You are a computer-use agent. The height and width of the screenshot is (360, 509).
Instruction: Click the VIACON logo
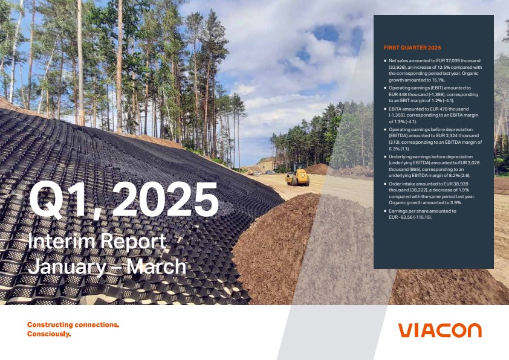click(x=440, y=330)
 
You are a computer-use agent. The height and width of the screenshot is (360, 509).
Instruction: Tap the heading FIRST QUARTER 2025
click(x=412, y=48)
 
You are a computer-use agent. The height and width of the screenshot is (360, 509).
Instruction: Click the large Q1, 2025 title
click(x=123, y=199)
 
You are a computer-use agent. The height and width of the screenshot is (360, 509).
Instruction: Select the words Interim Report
click(x=97, y=241)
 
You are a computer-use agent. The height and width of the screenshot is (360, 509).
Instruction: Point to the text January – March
click(x=107, y=266)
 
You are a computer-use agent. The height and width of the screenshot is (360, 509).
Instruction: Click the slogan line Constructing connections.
click(x=73, y=324)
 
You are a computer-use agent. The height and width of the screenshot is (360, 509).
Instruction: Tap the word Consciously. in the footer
click(x=49, y=334)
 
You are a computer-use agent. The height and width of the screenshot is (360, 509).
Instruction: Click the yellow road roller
click(x=297, y=175)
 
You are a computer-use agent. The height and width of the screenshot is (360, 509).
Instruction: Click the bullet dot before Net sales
click(x=385, y=60)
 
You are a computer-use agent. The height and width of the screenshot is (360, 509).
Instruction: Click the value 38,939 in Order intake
click(x=461, y=184)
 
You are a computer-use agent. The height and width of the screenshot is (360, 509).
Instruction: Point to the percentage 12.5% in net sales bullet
click(x=436, y=67)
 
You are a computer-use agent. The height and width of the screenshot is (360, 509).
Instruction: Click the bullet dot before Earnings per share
click(x=385, y=211)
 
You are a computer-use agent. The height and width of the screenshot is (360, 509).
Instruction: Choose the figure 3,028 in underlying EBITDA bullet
click(x=473, y=163)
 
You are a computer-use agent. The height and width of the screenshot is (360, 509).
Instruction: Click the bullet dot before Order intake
click(x=385, y=184)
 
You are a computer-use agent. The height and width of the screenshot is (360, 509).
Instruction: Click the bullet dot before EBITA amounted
click(x=385, y=109)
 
